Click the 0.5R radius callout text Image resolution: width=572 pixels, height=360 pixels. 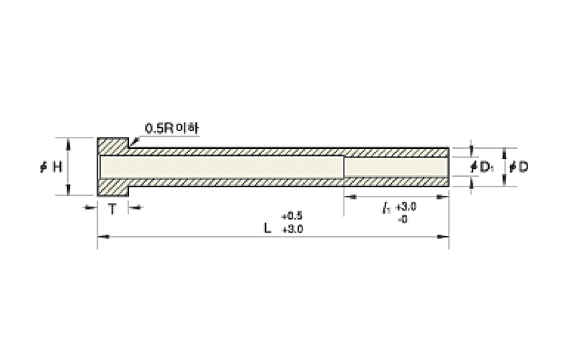[159, 128]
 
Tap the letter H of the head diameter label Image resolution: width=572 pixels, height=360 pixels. [58, 167]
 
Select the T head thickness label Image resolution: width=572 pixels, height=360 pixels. [112, 210]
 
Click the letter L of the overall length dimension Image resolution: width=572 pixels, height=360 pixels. [268, 228]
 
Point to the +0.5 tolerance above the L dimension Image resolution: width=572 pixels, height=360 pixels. [292, 216]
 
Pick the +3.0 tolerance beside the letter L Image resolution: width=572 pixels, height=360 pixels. [292, 230]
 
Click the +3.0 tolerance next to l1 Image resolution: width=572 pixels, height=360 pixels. [406, 207]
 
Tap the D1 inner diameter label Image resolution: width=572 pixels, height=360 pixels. [482, 167]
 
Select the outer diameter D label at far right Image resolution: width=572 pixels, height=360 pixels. [519, 167]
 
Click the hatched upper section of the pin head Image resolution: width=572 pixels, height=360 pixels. [112, 147]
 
